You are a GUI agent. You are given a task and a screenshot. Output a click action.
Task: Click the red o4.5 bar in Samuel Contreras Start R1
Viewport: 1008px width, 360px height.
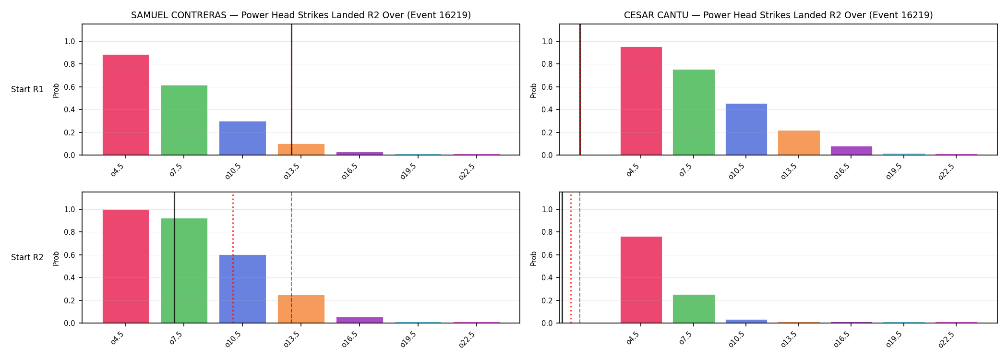pyautogui.click(x=126, y=105)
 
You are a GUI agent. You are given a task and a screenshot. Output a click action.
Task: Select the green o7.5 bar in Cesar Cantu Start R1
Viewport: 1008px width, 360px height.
pyautogui.click(x=694, y=112)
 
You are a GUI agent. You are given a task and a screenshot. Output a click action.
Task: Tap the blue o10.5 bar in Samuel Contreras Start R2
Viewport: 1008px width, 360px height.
pyautogui.click(x=242, y=289)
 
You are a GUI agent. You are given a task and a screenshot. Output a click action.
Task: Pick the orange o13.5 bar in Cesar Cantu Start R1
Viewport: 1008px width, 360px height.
pyautogui.click(x=799, y=143)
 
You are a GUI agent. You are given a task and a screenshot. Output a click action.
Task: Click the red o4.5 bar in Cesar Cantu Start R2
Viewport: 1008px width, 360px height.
pyautogui.click(x=641, y=280)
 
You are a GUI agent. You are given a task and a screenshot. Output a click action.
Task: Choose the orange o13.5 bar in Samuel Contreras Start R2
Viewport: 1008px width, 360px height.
pyautogui.click(x=301, y=309)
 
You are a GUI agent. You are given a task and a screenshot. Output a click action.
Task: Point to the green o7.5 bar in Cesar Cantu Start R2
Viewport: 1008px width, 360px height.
pyautogui.click(x=694, y=309)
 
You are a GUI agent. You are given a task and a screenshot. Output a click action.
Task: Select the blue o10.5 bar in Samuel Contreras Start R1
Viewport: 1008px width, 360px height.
pyautogui.click(x=242, y=138)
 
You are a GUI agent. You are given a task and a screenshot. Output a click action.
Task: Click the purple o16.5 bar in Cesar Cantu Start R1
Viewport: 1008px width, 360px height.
pyautogui.click(x=852, y=151)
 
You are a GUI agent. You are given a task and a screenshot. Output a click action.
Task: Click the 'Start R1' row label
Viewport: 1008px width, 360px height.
pyautogui.click(x=27, y=89)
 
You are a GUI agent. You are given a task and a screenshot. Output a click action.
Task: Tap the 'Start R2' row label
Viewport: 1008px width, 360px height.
pyautogui.click(x=27, y=257)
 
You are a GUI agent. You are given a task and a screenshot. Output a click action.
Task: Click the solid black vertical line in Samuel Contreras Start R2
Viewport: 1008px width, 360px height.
pyautogui.click(x=175, y=257)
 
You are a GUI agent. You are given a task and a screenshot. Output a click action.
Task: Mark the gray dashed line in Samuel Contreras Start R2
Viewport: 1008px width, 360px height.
pyautogui.click(x=291, y=257)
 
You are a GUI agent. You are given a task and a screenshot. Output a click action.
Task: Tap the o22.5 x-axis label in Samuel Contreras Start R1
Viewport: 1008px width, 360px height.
pyautogui.click(x=467, y=171)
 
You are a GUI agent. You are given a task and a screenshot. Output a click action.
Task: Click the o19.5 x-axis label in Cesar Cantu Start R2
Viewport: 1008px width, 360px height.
pyautogui.click(x=895, y=339)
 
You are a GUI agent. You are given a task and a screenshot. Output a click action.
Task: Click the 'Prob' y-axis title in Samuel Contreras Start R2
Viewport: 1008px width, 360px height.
pyautogui.click(x=56, y=258)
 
